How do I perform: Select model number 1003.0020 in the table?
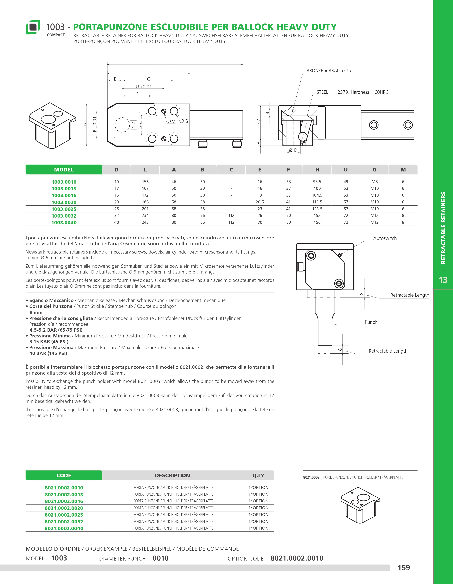tap(64, 202)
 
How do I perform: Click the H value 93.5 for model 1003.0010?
tap(317, 182)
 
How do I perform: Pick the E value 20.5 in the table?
tap(260, 202)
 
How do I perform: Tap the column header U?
tap(346, 169)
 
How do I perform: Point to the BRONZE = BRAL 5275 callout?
tap(328, 71)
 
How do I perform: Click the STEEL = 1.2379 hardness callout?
tap(352, 92)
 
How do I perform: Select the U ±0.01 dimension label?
tap(144, 87)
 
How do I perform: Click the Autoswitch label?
tap(385, 238)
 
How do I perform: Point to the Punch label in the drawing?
tap(371, 322)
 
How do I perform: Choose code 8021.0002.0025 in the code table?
tap(64, 515)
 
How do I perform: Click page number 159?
tap(403, 567)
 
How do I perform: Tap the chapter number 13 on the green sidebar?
tap(443, 280)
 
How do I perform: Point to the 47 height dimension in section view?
tap(258, 121)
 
